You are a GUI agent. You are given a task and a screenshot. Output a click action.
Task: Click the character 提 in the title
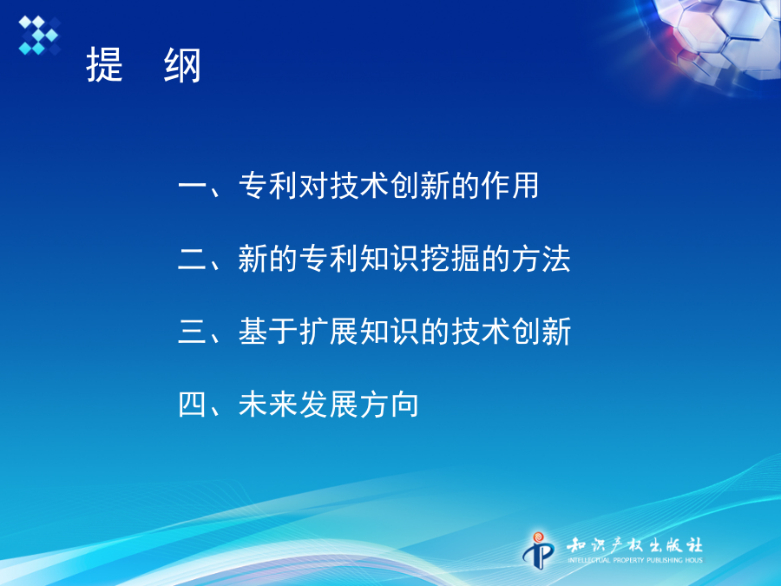pos(105,65)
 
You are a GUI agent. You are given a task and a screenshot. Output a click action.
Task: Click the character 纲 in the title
pos(182,65)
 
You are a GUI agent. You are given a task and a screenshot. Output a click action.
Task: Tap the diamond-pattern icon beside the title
pos(39,35)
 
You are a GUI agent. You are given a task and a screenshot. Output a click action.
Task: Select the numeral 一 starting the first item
pos(193,187)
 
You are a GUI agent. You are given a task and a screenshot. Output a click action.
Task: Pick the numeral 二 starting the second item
pos(193,260)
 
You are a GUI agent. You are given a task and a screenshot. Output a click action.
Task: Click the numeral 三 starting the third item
pos(193,332)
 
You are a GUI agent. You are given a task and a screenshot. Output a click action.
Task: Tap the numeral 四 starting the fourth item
pos(193,405)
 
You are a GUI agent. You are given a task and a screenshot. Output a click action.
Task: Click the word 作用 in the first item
pos(510,186)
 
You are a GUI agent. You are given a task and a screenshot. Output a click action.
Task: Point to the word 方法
pos(541,259)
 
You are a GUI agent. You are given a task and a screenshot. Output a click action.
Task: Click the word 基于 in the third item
pos(269,332)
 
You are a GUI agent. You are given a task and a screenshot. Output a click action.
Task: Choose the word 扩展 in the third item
pos(329,332)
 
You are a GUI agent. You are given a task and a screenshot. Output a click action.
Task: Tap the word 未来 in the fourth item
pos(269,404)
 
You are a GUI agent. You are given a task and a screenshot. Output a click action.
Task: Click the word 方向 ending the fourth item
pos(390,404)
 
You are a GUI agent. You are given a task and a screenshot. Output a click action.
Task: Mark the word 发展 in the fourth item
pos(329,404)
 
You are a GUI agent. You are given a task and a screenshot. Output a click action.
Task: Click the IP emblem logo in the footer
pos(538,550)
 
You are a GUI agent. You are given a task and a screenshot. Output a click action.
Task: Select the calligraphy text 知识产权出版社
pos(634,545)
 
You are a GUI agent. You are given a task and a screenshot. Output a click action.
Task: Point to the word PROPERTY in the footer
pos(629,561)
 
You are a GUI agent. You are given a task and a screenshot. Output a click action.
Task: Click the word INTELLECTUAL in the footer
pos(589,561)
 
